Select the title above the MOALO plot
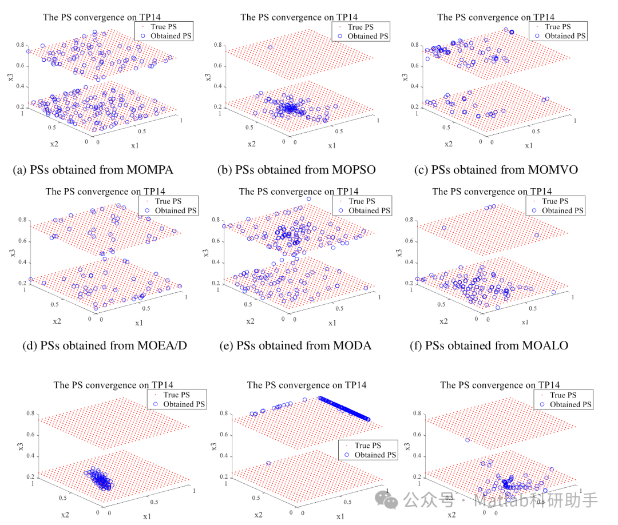click(492, 192)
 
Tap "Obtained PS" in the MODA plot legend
click(370, 210)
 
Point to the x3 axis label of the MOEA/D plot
click(13, 250)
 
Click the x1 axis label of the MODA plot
click(332, 323)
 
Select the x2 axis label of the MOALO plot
click(443, 321)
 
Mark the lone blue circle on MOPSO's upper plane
click(271, 47)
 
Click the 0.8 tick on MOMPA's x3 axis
click(20, 45)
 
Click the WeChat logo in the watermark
click(391, 502)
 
